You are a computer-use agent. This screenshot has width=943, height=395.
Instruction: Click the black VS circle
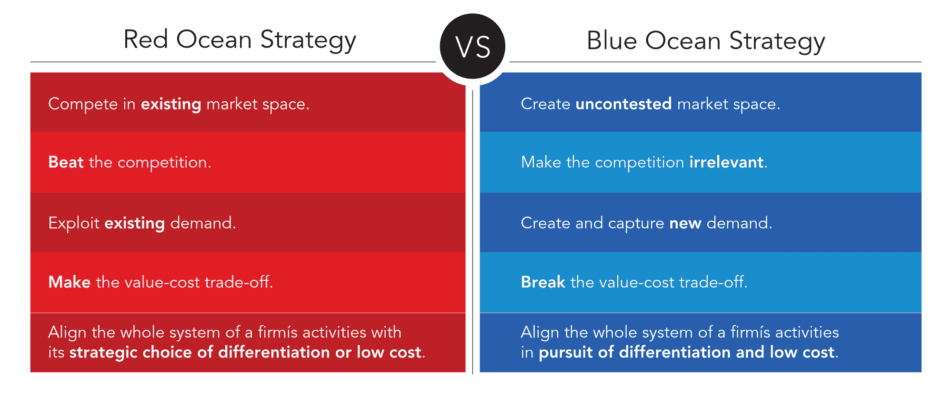tap(472, 47)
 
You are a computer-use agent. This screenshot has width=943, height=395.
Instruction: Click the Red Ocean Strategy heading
tap(240, 40)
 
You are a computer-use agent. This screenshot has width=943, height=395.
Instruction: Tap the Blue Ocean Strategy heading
tap(705, 41)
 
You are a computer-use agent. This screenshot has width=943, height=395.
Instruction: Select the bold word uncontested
tap(623, 104)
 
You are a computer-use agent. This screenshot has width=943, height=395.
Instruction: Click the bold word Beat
tap(66, 162)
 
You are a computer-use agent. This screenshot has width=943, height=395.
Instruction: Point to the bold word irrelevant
tap(726, 162)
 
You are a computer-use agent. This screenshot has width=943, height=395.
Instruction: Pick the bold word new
tap(685, 223)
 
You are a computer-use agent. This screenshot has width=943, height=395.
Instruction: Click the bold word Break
tap(542, 282)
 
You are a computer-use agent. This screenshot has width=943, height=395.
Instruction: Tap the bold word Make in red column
tap(69, 282)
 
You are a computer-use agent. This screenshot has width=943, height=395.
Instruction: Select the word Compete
tap(83, 104)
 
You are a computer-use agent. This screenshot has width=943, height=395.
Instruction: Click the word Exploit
tap(73, 223)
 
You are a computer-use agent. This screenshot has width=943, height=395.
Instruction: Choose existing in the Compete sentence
tap(171, 104)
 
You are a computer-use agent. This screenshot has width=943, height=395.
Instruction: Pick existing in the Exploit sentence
tap(134, 223)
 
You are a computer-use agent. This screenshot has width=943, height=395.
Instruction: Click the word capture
tap(635, 224)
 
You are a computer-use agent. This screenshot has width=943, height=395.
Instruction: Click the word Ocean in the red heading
tap(214, 40)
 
